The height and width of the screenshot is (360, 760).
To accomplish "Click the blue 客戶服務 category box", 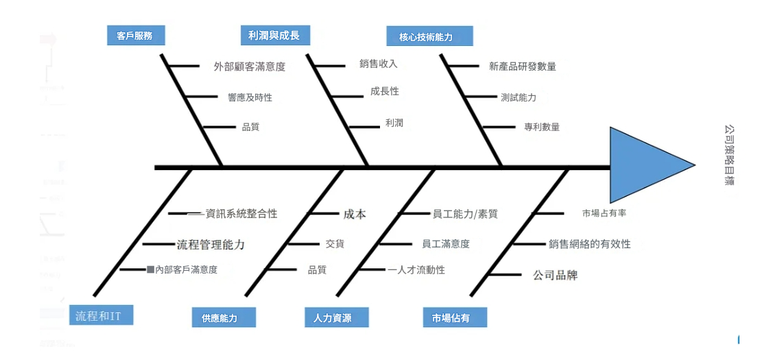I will pos(136,36).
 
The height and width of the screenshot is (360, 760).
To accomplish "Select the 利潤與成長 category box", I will pos(274,35).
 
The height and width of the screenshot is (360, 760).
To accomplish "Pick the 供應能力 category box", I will pos(224,317).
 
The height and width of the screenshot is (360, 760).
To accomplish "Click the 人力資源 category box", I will pos(336,317).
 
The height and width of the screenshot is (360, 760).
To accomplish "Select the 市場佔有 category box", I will pos(455,317).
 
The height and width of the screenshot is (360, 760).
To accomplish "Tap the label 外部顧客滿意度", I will pos(249,67).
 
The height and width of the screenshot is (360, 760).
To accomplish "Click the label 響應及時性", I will pos(250,97).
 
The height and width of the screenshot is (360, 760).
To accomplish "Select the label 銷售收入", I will pos(378,64).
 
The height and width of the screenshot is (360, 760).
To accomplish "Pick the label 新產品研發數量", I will pos(522,67).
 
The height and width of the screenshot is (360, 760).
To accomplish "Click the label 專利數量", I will pos(541,127).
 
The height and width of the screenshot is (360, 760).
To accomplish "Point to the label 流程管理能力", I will pos(211,244).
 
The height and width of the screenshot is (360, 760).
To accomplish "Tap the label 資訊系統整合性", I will pos(241,214).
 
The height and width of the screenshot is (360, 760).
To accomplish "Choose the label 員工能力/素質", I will pos(464,214).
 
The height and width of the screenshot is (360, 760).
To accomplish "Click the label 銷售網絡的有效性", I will pos(589,243).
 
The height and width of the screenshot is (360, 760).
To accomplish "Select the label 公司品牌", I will pos(555,276).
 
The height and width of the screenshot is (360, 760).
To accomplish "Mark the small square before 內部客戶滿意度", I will pos(150,269).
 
